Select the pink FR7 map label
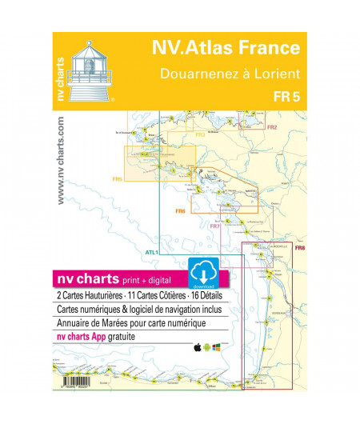point(214,226)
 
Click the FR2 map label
point(272,127)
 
